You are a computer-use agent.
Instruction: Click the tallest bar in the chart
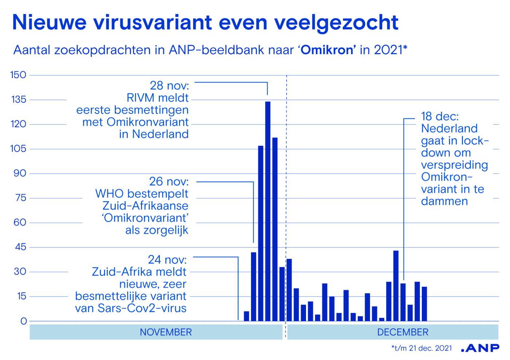point(268,211)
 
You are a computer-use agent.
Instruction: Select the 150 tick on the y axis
point(18,75)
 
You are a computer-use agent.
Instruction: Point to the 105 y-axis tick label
point(18,149)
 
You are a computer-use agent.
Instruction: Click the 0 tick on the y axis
point(24,321)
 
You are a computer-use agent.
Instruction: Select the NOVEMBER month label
point(166,332)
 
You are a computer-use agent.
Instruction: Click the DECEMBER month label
point(403,332)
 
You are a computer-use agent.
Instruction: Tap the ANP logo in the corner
point(480,348)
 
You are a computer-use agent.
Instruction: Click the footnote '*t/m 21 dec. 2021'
point(422,348)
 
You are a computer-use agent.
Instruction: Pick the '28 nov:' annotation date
point(169,86)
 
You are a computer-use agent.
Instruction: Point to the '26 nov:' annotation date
point(169,182)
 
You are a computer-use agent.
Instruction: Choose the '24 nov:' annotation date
point(167,260)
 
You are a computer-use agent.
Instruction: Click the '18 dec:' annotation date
point(440,116)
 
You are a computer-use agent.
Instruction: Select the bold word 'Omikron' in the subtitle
point(327,50)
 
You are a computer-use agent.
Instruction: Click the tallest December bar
point(396,286)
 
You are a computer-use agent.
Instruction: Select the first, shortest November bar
point(246,316)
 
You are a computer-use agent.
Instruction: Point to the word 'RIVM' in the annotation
point(140,98)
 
